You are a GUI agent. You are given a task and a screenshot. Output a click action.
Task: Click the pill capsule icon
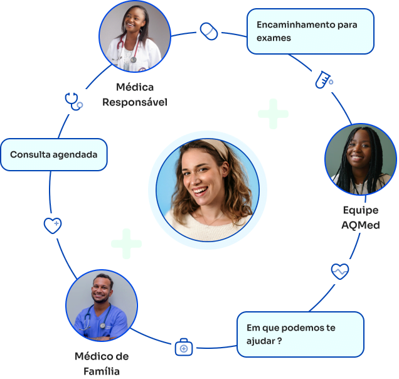209,31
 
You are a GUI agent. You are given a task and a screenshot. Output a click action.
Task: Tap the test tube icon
323,79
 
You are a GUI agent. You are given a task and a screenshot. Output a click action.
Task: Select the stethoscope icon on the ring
73,100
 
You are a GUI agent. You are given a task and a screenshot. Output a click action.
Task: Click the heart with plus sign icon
52,225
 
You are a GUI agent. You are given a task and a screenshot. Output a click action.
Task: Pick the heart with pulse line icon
340,271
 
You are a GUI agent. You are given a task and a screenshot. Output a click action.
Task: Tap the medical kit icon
183,347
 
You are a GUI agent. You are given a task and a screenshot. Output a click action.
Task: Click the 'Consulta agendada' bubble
54,154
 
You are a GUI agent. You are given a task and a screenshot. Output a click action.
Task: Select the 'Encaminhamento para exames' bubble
311,31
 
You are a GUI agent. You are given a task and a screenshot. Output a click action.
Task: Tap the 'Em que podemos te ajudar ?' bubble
301,334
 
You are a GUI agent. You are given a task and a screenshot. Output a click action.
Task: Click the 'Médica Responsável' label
135,94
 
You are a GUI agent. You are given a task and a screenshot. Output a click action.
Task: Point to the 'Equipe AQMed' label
361,217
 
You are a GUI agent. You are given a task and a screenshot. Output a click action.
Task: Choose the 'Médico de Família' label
102,363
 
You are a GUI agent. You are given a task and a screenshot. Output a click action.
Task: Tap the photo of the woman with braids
360,159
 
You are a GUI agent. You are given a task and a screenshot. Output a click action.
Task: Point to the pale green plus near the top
273,114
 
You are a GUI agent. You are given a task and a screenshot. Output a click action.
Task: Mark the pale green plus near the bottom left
126,243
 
